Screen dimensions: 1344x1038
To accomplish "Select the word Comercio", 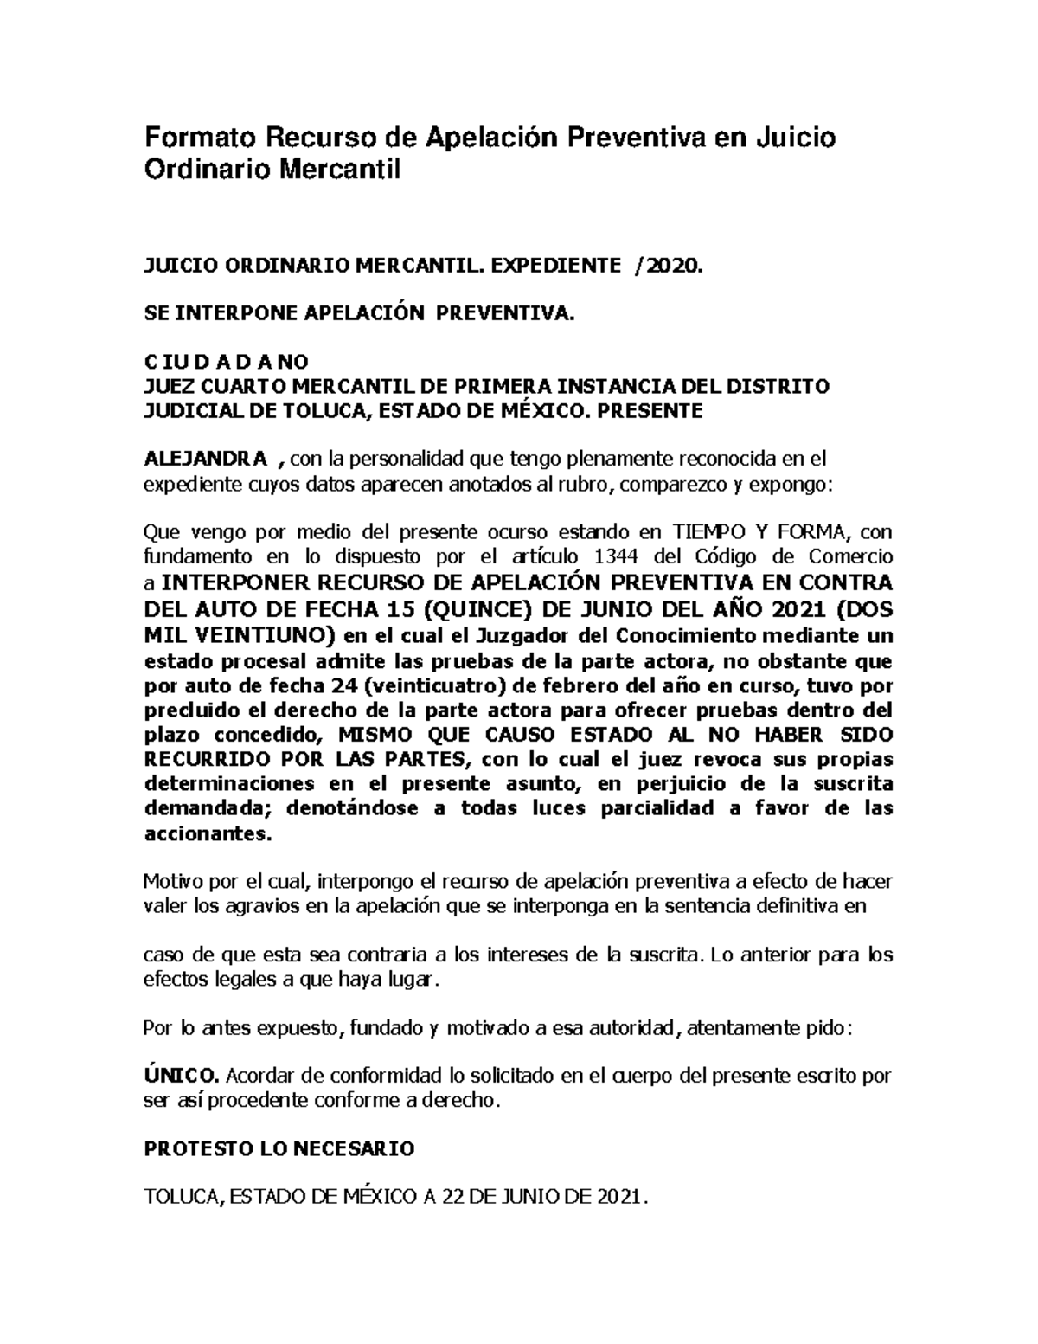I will [x=853, y=556].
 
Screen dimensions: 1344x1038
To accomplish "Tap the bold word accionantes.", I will [x=207, y=834].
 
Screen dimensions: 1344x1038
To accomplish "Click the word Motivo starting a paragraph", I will [x=171, y=882].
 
